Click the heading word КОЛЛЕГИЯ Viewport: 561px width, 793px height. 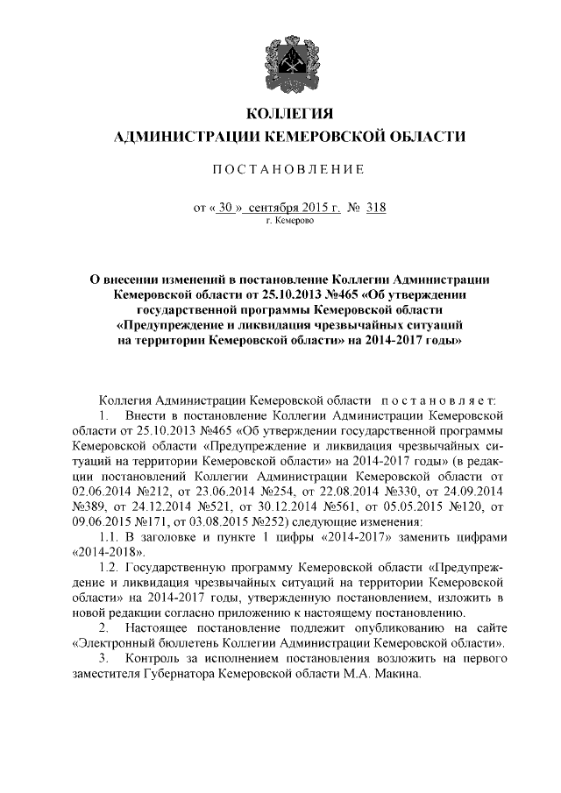(288, 114)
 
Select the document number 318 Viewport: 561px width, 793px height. (375, 208)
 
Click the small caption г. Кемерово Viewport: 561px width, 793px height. (288, 222)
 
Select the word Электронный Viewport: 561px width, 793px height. (116, 641)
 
